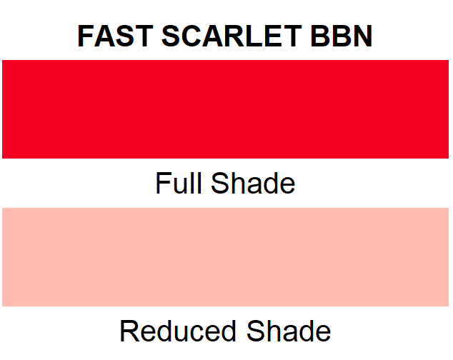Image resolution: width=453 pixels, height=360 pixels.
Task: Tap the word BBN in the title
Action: (342, 36)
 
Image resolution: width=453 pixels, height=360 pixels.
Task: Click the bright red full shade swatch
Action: (226, 109)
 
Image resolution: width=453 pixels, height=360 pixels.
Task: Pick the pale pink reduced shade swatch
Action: (226, 256)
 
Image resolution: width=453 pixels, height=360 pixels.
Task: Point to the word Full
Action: (176, 184)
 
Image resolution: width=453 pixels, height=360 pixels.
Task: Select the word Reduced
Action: (179, 331)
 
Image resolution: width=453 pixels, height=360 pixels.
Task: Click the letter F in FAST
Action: (86, 36)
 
